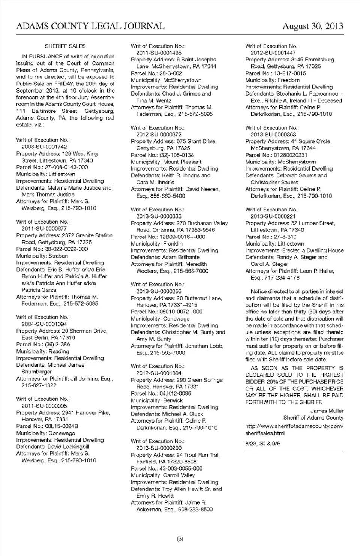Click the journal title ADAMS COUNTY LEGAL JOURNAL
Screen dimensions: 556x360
(x=90, y=26)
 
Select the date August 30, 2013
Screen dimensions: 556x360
(x=313, y=26)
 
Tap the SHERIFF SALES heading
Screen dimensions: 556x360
(x=65, y=46)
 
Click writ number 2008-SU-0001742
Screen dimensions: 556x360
(x=44, y=147)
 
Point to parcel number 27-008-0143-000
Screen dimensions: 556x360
(x=66, y=167)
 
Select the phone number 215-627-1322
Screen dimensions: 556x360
(x=39, y=385)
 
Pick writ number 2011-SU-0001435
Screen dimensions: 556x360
(x=159, y=53)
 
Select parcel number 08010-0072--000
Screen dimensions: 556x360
(x=181, y=312)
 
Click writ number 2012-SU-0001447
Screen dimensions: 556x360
(x=273, y=53)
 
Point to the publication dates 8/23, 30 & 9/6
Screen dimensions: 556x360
(x=263, y=444)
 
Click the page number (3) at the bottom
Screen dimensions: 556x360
(x=180, y=539)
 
